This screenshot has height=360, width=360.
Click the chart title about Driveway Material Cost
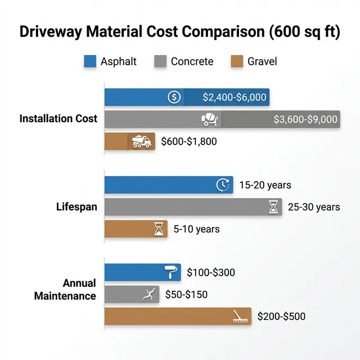tap(180, 31)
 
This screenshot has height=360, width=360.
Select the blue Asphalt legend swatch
tap(90, 61)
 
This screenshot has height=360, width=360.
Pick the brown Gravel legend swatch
tap(237, 61)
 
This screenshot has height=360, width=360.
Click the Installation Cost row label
tap(58, 119)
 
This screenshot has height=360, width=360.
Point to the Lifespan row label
tap(76, 206)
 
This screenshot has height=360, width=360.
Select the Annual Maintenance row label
tap(65, 289)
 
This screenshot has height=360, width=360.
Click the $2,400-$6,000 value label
tap(234, 97)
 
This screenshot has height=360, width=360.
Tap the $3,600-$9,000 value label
tap(305, 119)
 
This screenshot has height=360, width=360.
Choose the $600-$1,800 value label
tap(188, 141)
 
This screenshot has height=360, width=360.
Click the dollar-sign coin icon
tap(174, 97)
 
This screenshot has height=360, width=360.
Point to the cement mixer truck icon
tap(210, 119)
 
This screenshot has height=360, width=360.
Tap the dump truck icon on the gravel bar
tap(141, 141)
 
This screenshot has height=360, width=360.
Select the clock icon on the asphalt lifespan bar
tap(223, 185)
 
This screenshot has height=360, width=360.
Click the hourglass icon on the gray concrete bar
tap(273, 207)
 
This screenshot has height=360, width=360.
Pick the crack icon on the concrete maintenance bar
tap(148, 294)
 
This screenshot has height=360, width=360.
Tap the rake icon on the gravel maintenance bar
tap(241, 316)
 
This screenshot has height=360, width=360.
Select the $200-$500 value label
tap(281, 317)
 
